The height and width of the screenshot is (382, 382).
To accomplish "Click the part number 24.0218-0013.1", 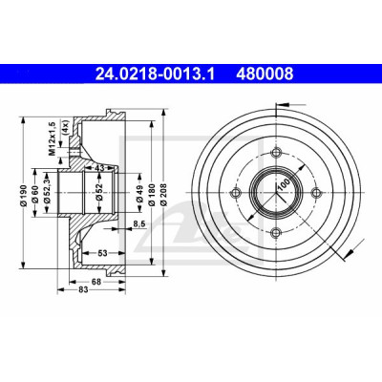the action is point(156,74).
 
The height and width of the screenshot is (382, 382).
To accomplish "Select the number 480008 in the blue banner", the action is point(265,74).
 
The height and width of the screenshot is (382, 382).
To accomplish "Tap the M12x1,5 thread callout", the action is point(52,138).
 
